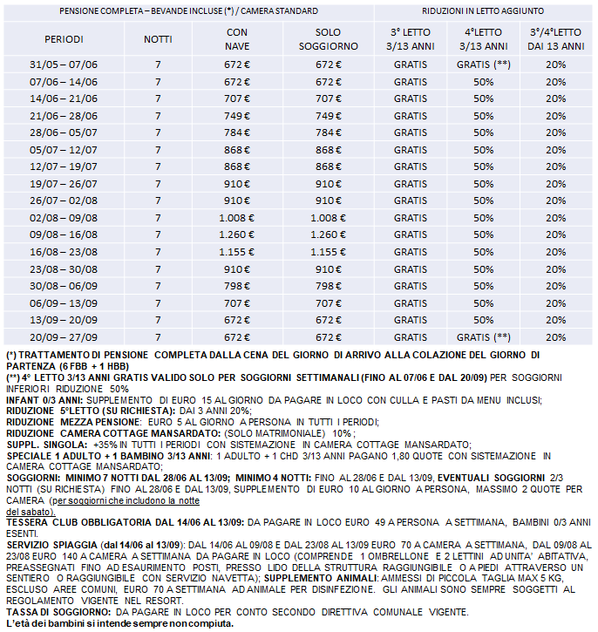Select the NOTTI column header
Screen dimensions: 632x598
click(158, 40)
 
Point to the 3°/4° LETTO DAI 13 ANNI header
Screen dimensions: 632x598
click(556, 40)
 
